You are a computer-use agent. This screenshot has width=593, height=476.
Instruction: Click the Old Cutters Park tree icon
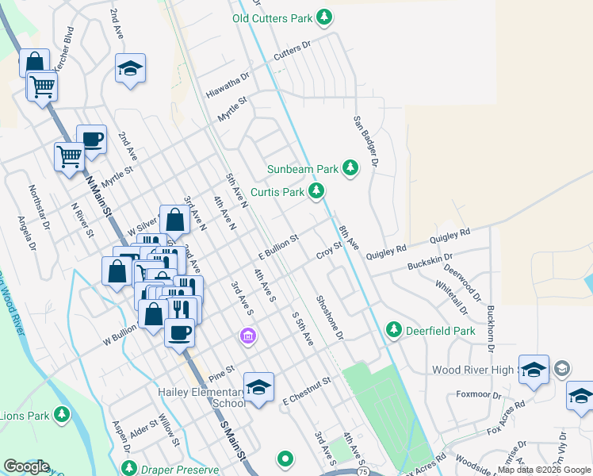(323, 17)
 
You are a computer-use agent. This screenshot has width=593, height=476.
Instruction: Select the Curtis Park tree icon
(316, 191)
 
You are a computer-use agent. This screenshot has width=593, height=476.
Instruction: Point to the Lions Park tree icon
(62, 414)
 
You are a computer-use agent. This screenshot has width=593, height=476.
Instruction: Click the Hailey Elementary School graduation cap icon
(258, 388)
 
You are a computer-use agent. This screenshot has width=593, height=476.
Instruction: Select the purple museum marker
(248, 338)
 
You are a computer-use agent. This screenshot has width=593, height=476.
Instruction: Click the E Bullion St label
(277, 246)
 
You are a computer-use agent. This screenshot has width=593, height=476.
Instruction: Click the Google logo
(26, 466)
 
